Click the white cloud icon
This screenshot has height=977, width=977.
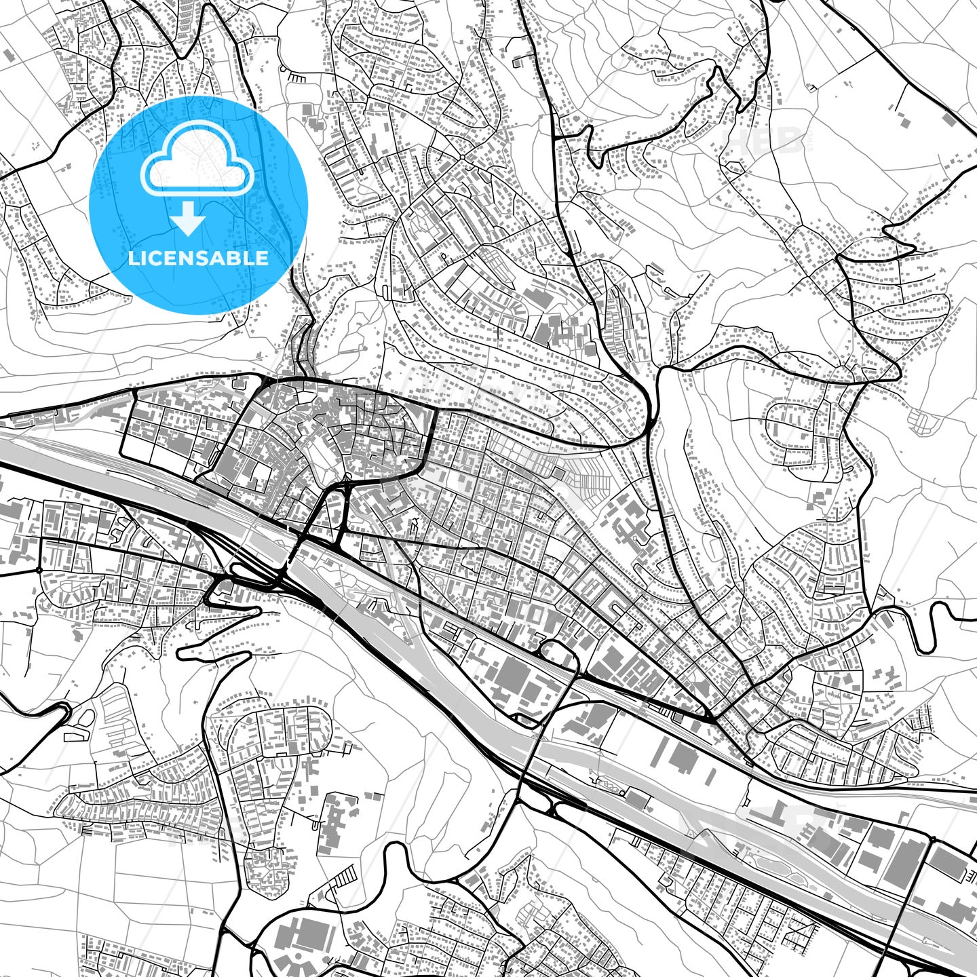(197, 161)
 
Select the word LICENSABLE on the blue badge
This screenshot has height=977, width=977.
(198, 258)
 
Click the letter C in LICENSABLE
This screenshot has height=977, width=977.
(157, 258)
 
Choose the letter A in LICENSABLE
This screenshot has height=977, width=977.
(228, 258)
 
